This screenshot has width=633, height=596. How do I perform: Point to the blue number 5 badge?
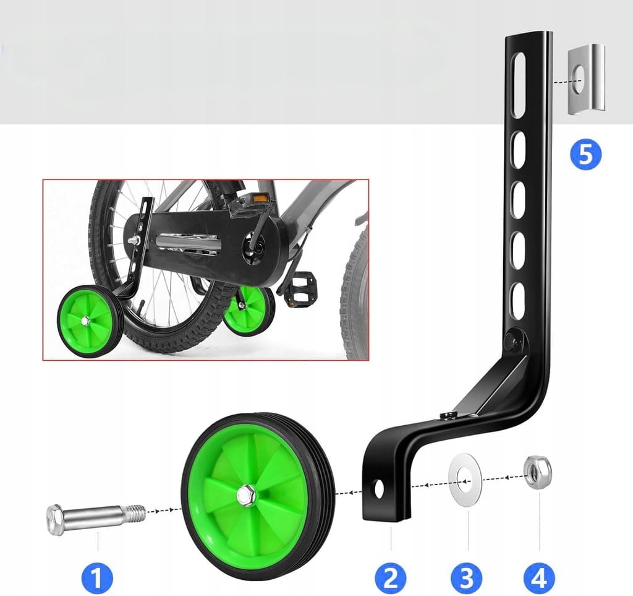pos(586,155)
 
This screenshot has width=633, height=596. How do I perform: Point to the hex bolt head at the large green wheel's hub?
pos(246,496)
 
